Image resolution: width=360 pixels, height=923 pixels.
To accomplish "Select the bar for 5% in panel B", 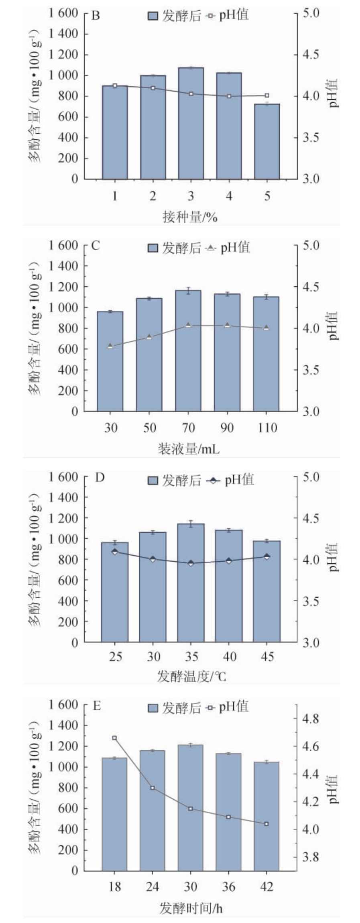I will tap(267, 141).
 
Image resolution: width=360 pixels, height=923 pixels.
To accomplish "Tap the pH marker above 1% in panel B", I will tap(115, 86).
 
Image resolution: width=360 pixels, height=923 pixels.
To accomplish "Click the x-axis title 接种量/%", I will tap(190, 217).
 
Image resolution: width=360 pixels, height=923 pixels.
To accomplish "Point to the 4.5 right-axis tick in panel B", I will tap(311, 55).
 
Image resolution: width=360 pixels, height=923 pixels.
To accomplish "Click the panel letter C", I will tap(96, 246).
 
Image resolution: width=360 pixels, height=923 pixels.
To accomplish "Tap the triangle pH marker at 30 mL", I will tap(111, 346).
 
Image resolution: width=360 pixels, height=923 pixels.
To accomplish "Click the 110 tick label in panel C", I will tap(267, 428).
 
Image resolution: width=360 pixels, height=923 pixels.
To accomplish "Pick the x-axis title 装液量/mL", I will tap(189, 449).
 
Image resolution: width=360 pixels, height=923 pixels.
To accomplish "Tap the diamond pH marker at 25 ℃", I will tap(115, 552).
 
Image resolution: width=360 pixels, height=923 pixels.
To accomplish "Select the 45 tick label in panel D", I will tap(267, 656).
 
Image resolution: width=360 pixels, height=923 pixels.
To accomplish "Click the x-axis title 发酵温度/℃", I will tap(191, 677).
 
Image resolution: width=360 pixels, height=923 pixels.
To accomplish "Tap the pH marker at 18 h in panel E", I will tap(114, 738).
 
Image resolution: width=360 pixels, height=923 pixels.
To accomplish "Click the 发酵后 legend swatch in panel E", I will tap(153, 708).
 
